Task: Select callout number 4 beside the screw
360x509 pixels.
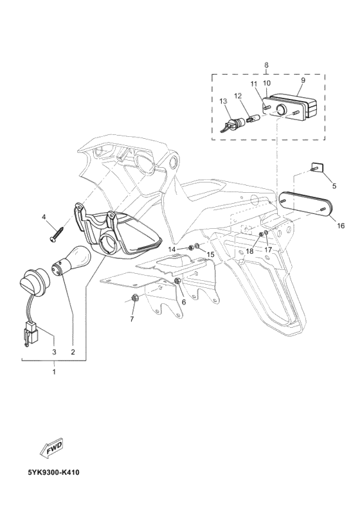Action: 45,217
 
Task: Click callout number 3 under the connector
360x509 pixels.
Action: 54,352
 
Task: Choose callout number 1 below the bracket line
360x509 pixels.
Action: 54,371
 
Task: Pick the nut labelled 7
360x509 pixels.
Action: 134,298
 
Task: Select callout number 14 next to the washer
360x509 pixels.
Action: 172,249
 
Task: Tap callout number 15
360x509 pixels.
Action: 210,255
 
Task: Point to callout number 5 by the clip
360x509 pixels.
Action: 334,186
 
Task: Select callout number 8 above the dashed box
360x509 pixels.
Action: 267,66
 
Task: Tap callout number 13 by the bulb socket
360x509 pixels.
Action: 223,102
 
